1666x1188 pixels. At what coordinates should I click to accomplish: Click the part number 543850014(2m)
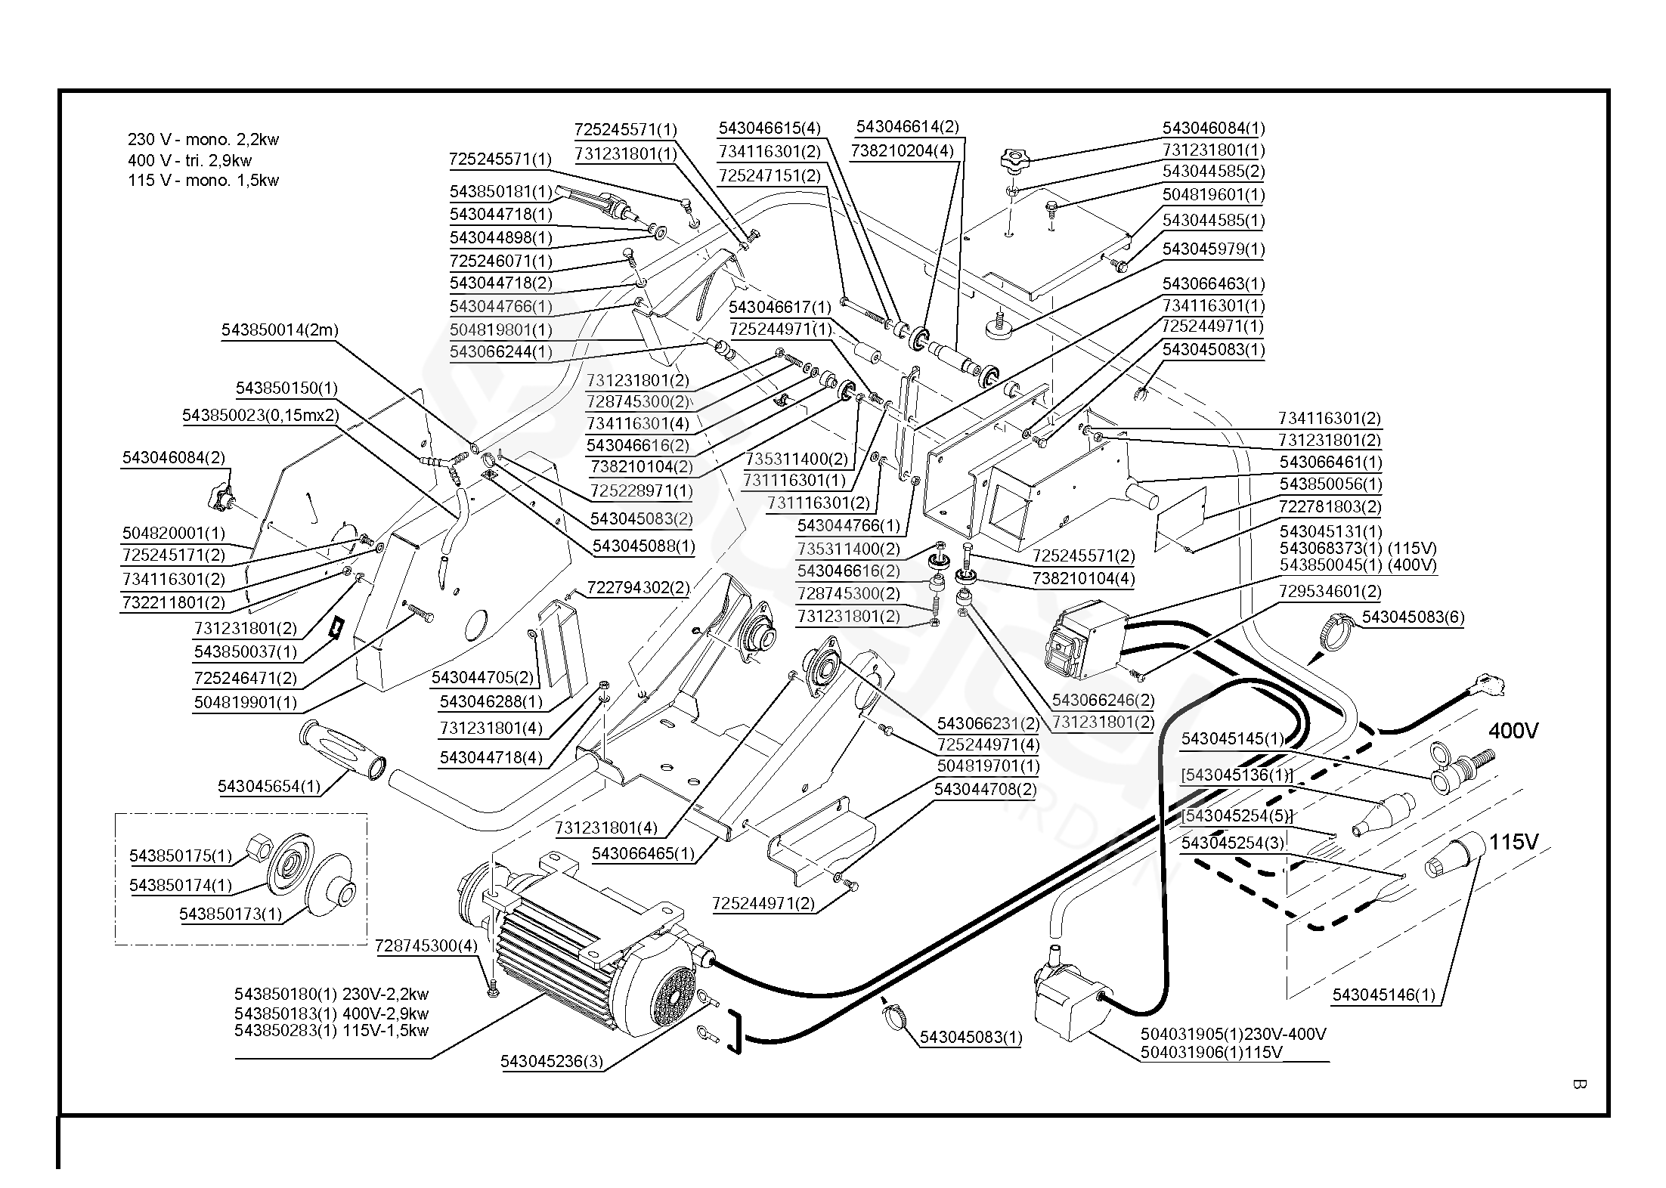coord(280,330)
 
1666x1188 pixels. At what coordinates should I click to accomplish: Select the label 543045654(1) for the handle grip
coord(269,786)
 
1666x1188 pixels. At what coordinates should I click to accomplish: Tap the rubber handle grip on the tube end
coord(343,750)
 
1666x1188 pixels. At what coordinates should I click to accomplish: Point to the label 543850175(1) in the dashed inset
coord(181,855)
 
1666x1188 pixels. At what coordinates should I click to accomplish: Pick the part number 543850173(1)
coord(231,914)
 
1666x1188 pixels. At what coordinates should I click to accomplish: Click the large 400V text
coord(1513,731)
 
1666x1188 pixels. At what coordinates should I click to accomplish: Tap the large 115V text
coord(1513,842)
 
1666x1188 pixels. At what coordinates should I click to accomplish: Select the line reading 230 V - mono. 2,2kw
coord(203,140)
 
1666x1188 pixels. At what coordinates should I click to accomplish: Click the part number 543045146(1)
coord(1383,995)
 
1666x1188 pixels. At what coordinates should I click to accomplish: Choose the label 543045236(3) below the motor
coord(552,1061)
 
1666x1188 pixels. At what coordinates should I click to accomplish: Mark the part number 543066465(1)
coord(643,853)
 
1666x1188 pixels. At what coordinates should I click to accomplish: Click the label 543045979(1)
coord(1213,249)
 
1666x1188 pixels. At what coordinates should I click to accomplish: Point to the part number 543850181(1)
coord(501,191)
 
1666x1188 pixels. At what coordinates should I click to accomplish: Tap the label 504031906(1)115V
coord(1212,1052)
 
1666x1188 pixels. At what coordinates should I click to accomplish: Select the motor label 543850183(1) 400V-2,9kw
coord(331,1013)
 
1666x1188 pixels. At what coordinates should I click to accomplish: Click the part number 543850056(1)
coord(1330,484)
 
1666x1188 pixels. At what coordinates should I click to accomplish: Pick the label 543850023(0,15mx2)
coord(260,416)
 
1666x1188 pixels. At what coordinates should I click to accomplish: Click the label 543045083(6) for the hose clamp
coord(1413,617)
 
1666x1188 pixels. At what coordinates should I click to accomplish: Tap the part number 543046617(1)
coord(780,308)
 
